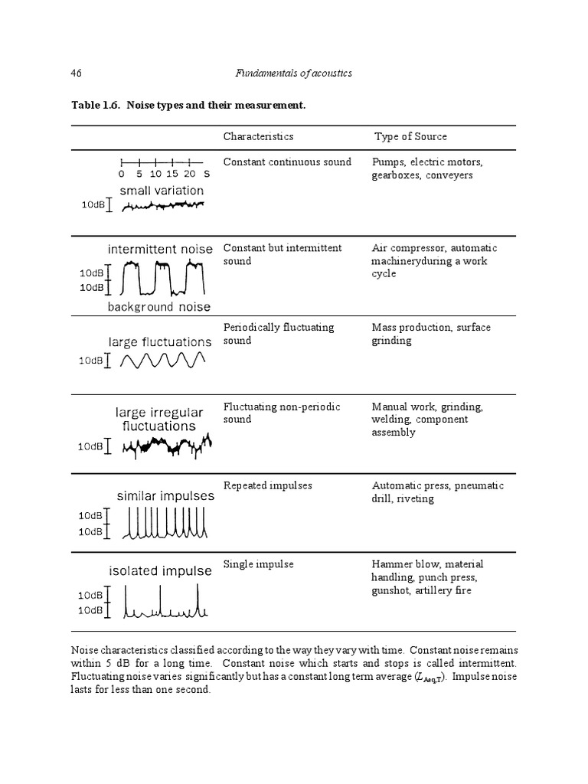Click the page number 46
point(76,73)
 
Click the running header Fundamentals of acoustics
point(292,73)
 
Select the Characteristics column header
point(258,136)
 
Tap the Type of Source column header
point(410,136)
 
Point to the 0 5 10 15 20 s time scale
point(162,168)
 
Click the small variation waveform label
point(162,191)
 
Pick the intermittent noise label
point(160,250)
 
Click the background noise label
point(158,307)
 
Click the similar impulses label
point(165,496)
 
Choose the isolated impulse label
point(160,571)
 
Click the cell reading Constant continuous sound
point(287,162)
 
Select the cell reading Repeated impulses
point(267,486)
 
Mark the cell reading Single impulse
point(258,564)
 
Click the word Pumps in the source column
point(389,162)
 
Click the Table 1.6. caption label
point(103,104)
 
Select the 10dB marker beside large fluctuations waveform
point(92,361)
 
